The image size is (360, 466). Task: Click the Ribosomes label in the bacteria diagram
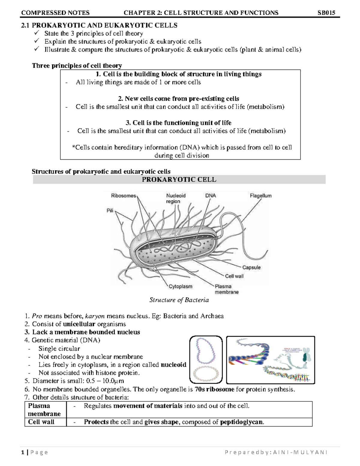tap(123, 196)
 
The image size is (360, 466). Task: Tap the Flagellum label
tap(260, 196)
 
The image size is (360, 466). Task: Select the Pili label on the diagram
tap(110, 211)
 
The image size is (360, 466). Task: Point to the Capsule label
tap(251, 267)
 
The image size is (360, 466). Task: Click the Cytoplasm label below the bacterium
tap(180, 287)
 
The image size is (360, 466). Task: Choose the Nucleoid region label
tap(176, 198)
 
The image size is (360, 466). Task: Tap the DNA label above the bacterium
tap(210, 196)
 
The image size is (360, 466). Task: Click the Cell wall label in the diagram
tap(234, 276)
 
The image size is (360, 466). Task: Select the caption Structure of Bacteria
tap(179, 300)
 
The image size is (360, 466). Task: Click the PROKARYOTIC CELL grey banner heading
tap(179, 179)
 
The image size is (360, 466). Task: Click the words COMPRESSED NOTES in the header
tap(55, 13)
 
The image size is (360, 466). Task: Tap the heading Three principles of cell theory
tap(77, 66)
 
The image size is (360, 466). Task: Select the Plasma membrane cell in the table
tap(44, 410)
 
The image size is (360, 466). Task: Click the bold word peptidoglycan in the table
tap(242, 422)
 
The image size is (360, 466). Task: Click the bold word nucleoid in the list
tap(173, 365)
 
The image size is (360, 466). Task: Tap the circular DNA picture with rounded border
tap(206, 359)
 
